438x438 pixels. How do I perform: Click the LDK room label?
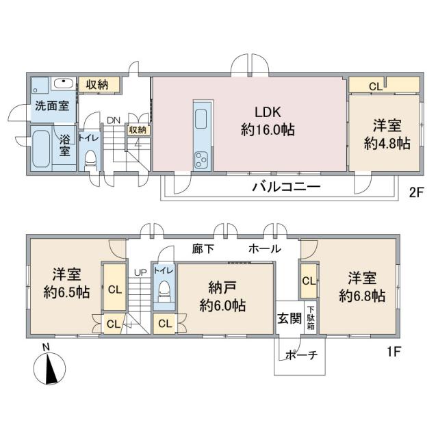[x=268, y=112]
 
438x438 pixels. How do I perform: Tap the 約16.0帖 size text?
[x=268, y=130]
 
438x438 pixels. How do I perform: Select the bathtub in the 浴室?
[x=41, y=149]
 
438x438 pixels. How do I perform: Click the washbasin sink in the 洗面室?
[x=64, y=83]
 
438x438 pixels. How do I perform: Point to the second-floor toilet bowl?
[x=90, y=159]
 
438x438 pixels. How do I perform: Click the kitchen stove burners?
[x=201, y=160]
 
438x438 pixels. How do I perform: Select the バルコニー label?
[x=286, y=187]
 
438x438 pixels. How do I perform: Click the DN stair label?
[x=114, y=120]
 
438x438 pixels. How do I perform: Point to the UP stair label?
[x=140, y=272]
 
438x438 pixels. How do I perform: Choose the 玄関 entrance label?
[x=289, y=318]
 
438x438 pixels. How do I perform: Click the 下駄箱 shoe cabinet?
[x=310, y=318]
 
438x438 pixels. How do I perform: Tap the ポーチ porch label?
[x=302, y=355]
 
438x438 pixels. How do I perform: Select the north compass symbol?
[x=49, y=368]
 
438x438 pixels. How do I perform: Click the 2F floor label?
[x=417, y=192]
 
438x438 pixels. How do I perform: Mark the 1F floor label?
[x=394, y=351]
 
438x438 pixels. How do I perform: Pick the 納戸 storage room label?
[x=222, y=287]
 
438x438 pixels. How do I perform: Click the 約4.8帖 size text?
[x=387, y=144]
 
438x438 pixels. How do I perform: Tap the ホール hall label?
[x=265, y=248]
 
